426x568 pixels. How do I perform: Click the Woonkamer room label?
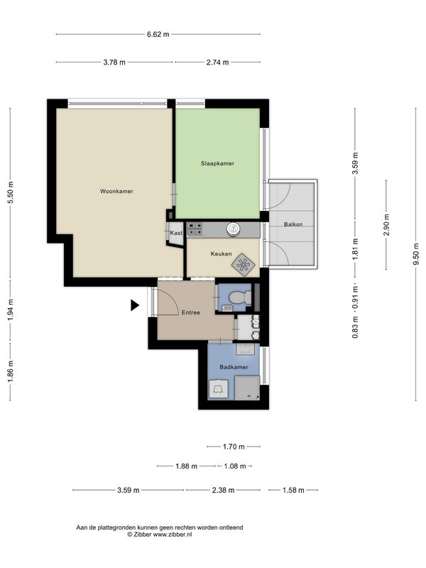point(116,191)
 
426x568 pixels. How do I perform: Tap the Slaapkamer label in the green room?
point(217,163)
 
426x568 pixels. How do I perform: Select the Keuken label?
point(221,254)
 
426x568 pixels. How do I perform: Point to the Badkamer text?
point(234,367)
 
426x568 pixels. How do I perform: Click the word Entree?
point(190,312)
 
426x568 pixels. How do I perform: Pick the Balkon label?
point(293,224)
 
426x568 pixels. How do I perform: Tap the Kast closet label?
point(176,233)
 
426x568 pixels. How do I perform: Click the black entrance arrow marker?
point(135,305)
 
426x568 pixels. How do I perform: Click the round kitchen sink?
point(234,229)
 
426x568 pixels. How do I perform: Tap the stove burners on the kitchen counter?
point(195,229)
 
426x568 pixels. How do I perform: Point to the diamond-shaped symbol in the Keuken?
point(243,264)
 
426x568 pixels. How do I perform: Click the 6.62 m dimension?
point(158,34)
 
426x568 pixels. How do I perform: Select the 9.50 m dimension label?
point(416,254)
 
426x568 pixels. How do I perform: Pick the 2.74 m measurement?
point(217,62)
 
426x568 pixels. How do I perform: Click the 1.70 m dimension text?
point(234,447)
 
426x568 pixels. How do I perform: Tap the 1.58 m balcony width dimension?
point(293,490)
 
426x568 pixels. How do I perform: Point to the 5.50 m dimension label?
point(10,192)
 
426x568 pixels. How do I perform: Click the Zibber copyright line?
point(159,535)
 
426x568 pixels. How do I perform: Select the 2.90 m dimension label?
point(386,224)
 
